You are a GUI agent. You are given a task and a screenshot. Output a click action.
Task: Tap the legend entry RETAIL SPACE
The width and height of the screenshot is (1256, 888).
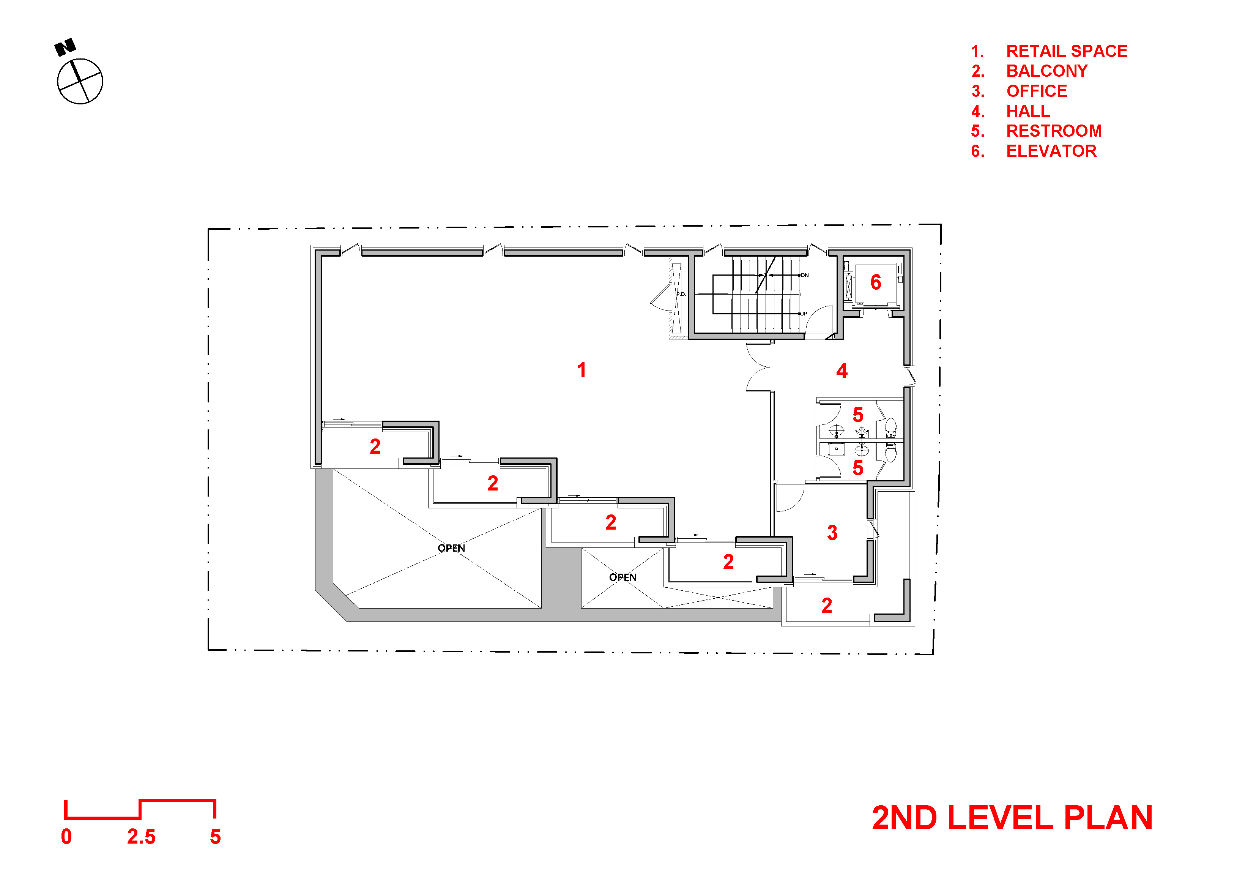[1067, 51]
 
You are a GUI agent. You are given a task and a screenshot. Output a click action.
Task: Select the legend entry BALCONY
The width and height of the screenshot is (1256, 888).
[1047, 71]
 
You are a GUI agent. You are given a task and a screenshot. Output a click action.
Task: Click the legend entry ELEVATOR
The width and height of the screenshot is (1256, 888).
[1051, 151]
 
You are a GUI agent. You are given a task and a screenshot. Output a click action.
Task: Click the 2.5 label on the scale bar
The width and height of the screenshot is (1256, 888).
[141, 837]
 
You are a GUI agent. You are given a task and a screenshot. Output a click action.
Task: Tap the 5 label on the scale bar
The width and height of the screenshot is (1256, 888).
[216, 837]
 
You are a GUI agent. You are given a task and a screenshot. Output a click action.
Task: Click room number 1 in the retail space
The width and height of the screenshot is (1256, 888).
[582, 370]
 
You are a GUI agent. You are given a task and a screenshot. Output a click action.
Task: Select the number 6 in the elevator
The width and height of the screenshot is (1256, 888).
[876, 282]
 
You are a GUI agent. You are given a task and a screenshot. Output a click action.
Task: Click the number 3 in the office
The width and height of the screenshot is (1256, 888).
[833, 532]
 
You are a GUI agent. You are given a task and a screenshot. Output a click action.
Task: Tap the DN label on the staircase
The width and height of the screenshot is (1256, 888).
[805, 275]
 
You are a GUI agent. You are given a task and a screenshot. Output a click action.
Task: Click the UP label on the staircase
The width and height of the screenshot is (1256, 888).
[804, 314]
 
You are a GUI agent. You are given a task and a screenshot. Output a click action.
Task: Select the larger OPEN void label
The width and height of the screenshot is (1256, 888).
[451, 548]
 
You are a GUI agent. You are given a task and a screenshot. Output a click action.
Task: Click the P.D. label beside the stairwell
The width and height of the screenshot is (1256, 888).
[681, 294]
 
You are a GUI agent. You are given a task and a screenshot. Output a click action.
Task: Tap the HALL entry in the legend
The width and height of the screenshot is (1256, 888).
[1028, 111]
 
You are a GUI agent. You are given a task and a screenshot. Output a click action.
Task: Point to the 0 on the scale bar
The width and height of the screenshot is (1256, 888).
[66, 837]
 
